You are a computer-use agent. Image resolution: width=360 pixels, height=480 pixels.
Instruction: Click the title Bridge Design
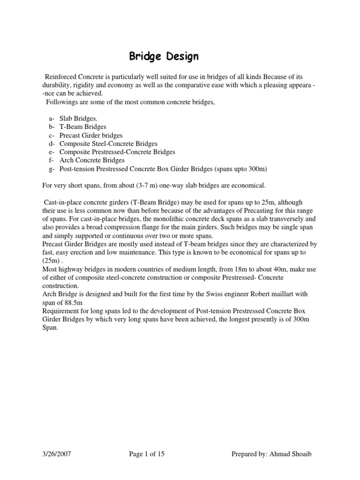164,57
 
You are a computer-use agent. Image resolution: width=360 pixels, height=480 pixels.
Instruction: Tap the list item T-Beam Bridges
83,127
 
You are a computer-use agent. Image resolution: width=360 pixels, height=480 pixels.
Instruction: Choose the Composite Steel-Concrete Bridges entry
108,143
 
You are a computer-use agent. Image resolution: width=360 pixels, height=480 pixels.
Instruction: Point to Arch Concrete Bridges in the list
92,160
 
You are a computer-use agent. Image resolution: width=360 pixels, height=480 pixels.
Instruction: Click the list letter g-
51,169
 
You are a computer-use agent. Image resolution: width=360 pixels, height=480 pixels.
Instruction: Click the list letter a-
51,119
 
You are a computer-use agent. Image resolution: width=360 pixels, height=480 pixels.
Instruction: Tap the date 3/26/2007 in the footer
58,454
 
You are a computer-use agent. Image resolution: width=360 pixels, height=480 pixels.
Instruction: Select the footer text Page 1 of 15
147,454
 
